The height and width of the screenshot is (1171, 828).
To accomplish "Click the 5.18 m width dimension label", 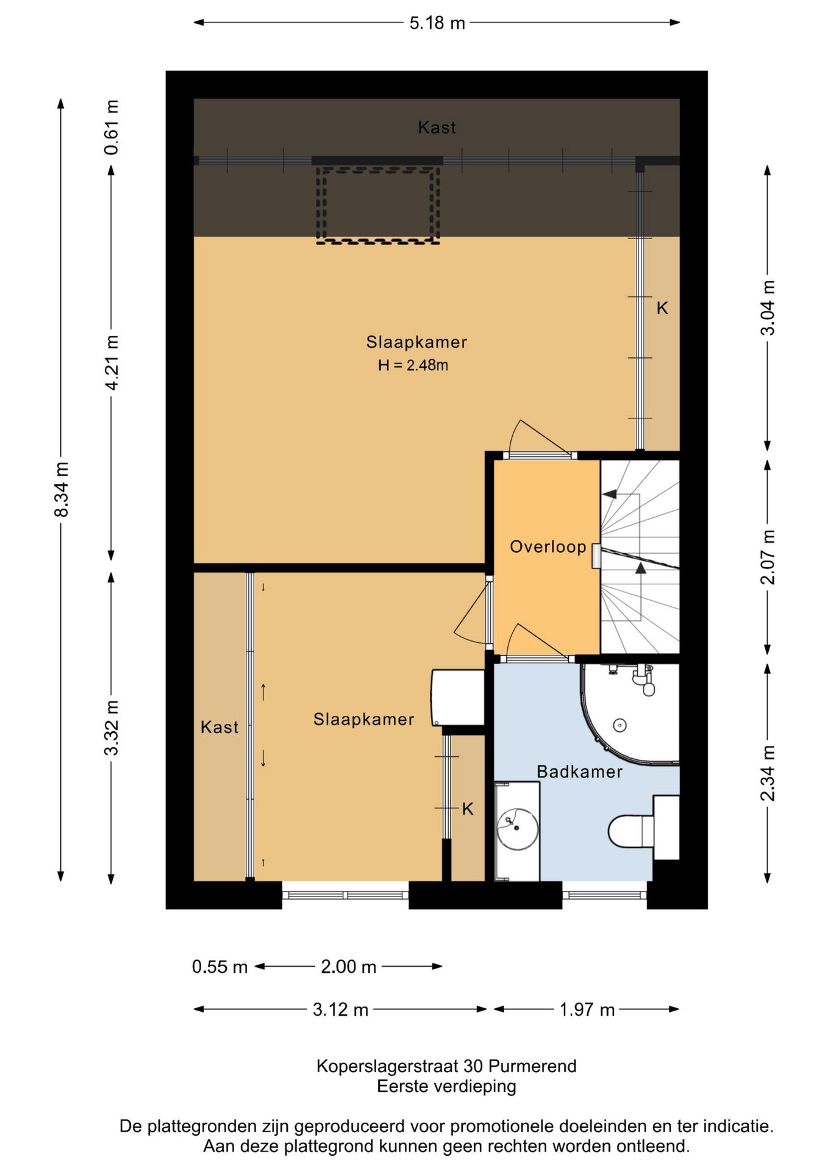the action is (x=437, y=23).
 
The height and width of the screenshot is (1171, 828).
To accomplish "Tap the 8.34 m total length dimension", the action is (x=62, y=489).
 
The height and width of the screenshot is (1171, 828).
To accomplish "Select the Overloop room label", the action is (x=548, y=546).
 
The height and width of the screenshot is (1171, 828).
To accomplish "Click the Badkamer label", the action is (x=579, y=772).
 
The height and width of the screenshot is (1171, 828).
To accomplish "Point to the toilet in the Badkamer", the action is (x=644, y=828).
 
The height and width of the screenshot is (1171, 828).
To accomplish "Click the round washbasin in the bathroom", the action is (x=517, y=828).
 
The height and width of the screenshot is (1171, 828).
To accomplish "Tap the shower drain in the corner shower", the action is (x=619, y=725).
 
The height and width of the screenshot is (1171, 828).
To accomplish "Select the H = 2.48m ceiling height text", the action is (x=413, y=365).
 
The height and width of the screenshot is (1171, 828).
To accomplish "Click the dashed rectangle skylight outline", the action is (x=377, y=205).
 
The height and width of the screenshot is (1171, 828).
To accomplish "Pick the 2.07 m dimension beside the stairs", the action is (x=768, y=556).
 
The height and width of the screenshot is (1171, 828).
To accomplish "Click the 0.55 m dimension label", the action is (x=219, y=967).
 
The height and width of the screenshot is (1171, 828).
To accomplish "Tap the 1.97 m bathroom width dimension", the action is (x=587, y=1009).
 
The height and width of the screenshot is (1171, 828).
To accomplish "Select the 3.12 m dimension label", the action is (x=340, y=1009).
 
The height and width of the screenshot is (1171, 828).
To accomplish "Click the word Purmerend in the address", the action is (x=532, y=1066).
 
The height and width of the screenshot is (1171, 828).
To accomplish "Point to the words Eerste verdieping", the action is (x=446, y=1086).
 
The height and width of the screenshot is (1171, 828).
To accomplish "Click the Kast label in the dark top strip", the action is (x=437, y=127).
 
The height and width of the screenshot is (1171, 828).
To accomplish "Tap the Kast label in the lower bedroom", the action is (x=219, y=726).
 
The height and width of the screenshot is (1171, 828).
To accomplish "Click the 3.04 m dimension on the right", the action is (x=768, y=307).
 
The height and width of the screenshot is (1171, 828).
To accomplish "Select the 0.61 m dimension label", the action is (x=112, y=127).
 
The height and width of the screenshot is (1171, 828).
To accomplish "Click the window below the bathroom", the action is (x=604, y=895).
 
